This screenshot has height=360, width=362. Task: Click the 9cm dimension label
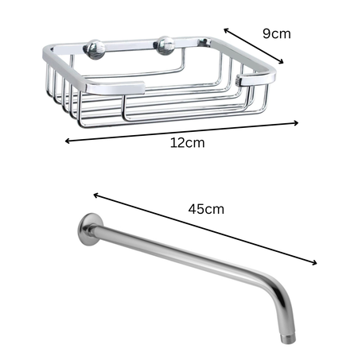click(x=277, y=34)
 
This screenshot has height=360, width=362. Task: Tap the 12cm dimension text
click(x=188, y=143)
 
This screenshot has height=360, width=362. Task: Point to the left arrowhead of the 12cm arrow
click(x=67, y=141)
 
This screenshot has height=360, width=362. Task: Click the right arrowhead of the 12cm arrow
click(x=298, y=122)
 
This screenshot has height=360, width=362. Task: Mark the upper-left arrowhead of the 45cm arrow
click(x=95, y=194)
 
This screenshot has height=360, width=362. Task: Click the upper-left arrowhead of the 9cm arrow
click(x=225, y=30)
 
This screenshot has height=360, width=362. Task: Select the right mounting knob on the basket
click(x=166, y=45)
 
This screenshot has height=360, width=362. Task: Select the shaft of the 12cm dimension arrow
click(x=183, y=132)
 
